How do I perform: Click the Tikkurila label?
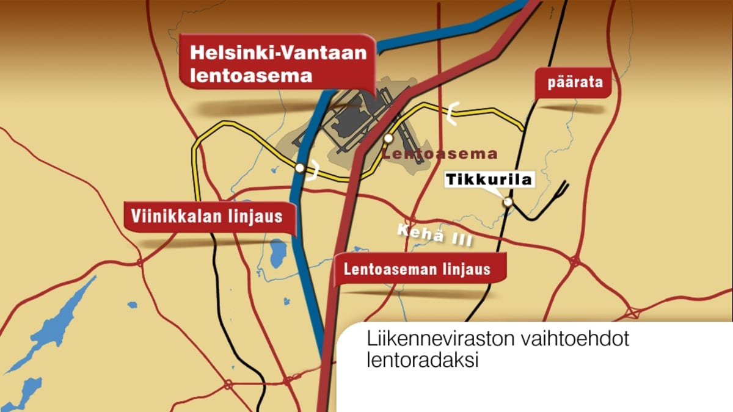(489, 179)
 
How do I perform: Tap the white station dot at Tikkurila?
(507, 203)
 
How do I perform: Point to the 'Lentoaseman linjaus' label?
(417, 269)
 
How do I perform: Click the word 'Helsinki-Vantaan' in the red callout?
(279, 52)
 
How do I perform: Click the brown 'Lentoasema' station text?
(440, 154)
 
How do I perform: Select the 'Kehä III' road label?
(434, 236)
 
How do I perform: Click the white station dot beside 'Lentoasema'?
(388, 139)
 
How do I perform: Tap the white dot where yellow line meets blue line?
(299, 167)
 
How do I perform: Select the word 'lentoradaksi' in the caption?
(422, 360)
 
